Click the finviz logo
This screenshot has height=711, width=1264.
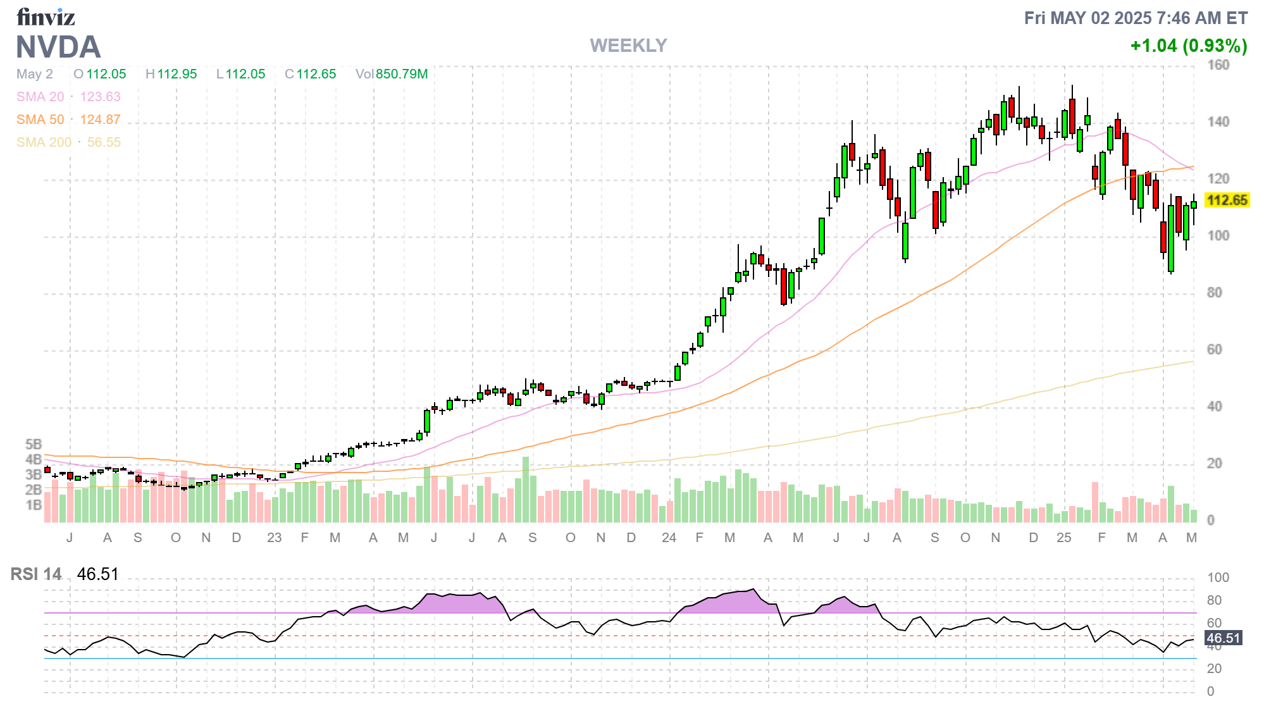point(46,17)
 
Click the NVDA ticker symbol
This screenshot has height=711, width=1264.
point(58,47)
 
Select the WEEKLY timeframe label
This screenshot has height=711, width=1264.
point(628,46)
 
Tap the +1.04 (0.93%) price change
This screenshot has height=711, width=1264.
point(1188,46)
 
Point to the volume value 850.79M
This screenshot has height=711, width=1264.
point(402,74)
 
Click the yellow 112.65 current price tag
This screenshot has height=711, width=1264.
point(1227,201)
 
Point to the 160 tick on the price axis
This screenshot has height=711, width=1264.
point(1218,65)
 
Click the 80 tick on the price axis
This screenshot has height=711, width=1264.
point(1214,292)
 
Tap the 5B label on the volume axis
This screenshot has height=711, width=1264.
point(34,444)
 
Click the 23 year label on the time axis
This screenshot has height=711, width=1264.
point(274,538)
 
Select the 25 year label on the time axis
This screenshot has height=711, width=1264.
point(1063,538)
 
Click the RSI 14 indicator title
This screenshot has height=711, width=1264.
point(36,574)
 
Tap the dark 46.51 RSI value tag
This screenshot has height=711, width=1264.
point(1224,638)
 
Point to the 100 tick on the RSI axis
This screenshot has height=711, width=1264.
point(1218,577)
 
